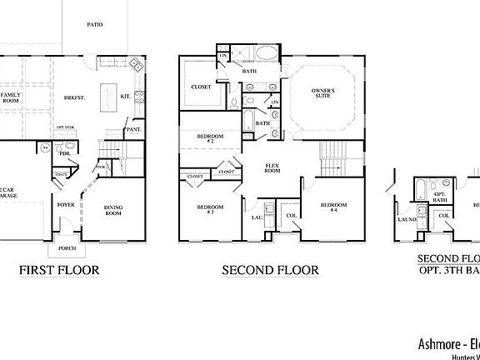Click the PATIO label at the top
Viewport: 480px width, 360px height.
pyautogui.click(x=94, y=25)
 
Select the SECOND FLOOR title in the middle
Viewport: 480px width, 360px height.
pyautogui.click(x=270, y=270)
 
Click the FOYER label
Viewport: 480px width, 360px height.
pyautogui.click(x=66, y=204)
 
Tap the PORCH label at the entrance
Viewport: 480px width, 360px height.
pyautogui.click(x=67, y=247)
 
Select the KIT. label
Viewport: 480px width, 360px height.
pyautogui.click(x=127, y=97)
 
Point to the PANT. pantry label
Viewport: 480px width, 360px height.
pyautogui.click(x=132, y=131)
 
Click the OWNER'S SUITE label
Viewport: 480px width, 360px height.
pyautogui.click(x=323, y=92)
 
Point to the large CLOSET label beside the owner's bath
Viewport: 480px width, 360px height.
pyautogui.click(x=201, y=86)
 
